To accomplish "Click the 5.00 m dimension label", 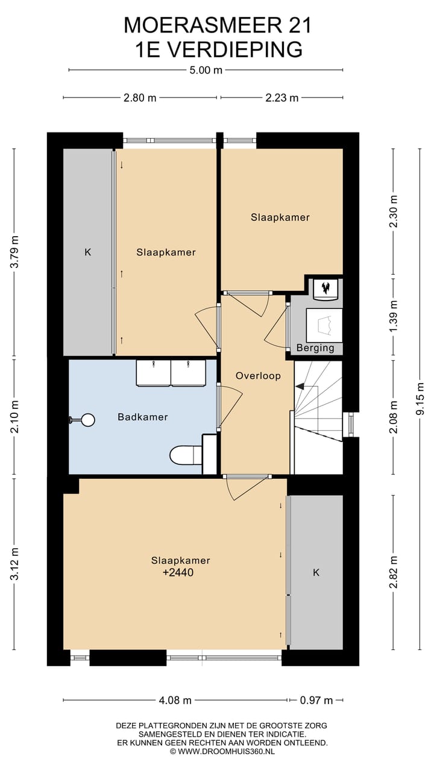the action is point(206,70).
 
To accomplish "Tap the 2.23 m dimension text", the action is point(281,98).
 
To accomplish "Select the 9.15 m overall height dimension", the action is point(420,399).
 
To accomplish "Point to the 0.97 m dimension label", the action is point(316,700).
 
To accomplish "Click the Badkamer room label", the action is point(143,417).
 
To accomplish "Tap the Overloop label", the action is point(258,376).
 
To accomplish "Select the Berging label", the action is point(315,348).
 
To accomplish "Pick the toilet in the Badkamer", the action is point(186,455).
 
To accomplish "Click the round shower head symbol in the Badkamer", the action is point(88,420).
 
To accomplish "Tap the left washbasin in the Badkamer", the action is point(153,373).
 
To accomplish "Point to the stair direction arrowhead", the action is point(300,387).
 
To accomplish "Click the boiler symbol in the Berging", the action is point(325,289).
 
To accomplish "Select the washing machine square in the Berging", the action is point(324,325).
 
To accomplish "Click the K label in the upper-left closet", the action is point(88,252).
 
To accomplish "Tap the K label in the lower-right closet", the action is point(316,572).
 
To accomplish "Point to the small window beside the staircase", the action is point(351,425).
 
